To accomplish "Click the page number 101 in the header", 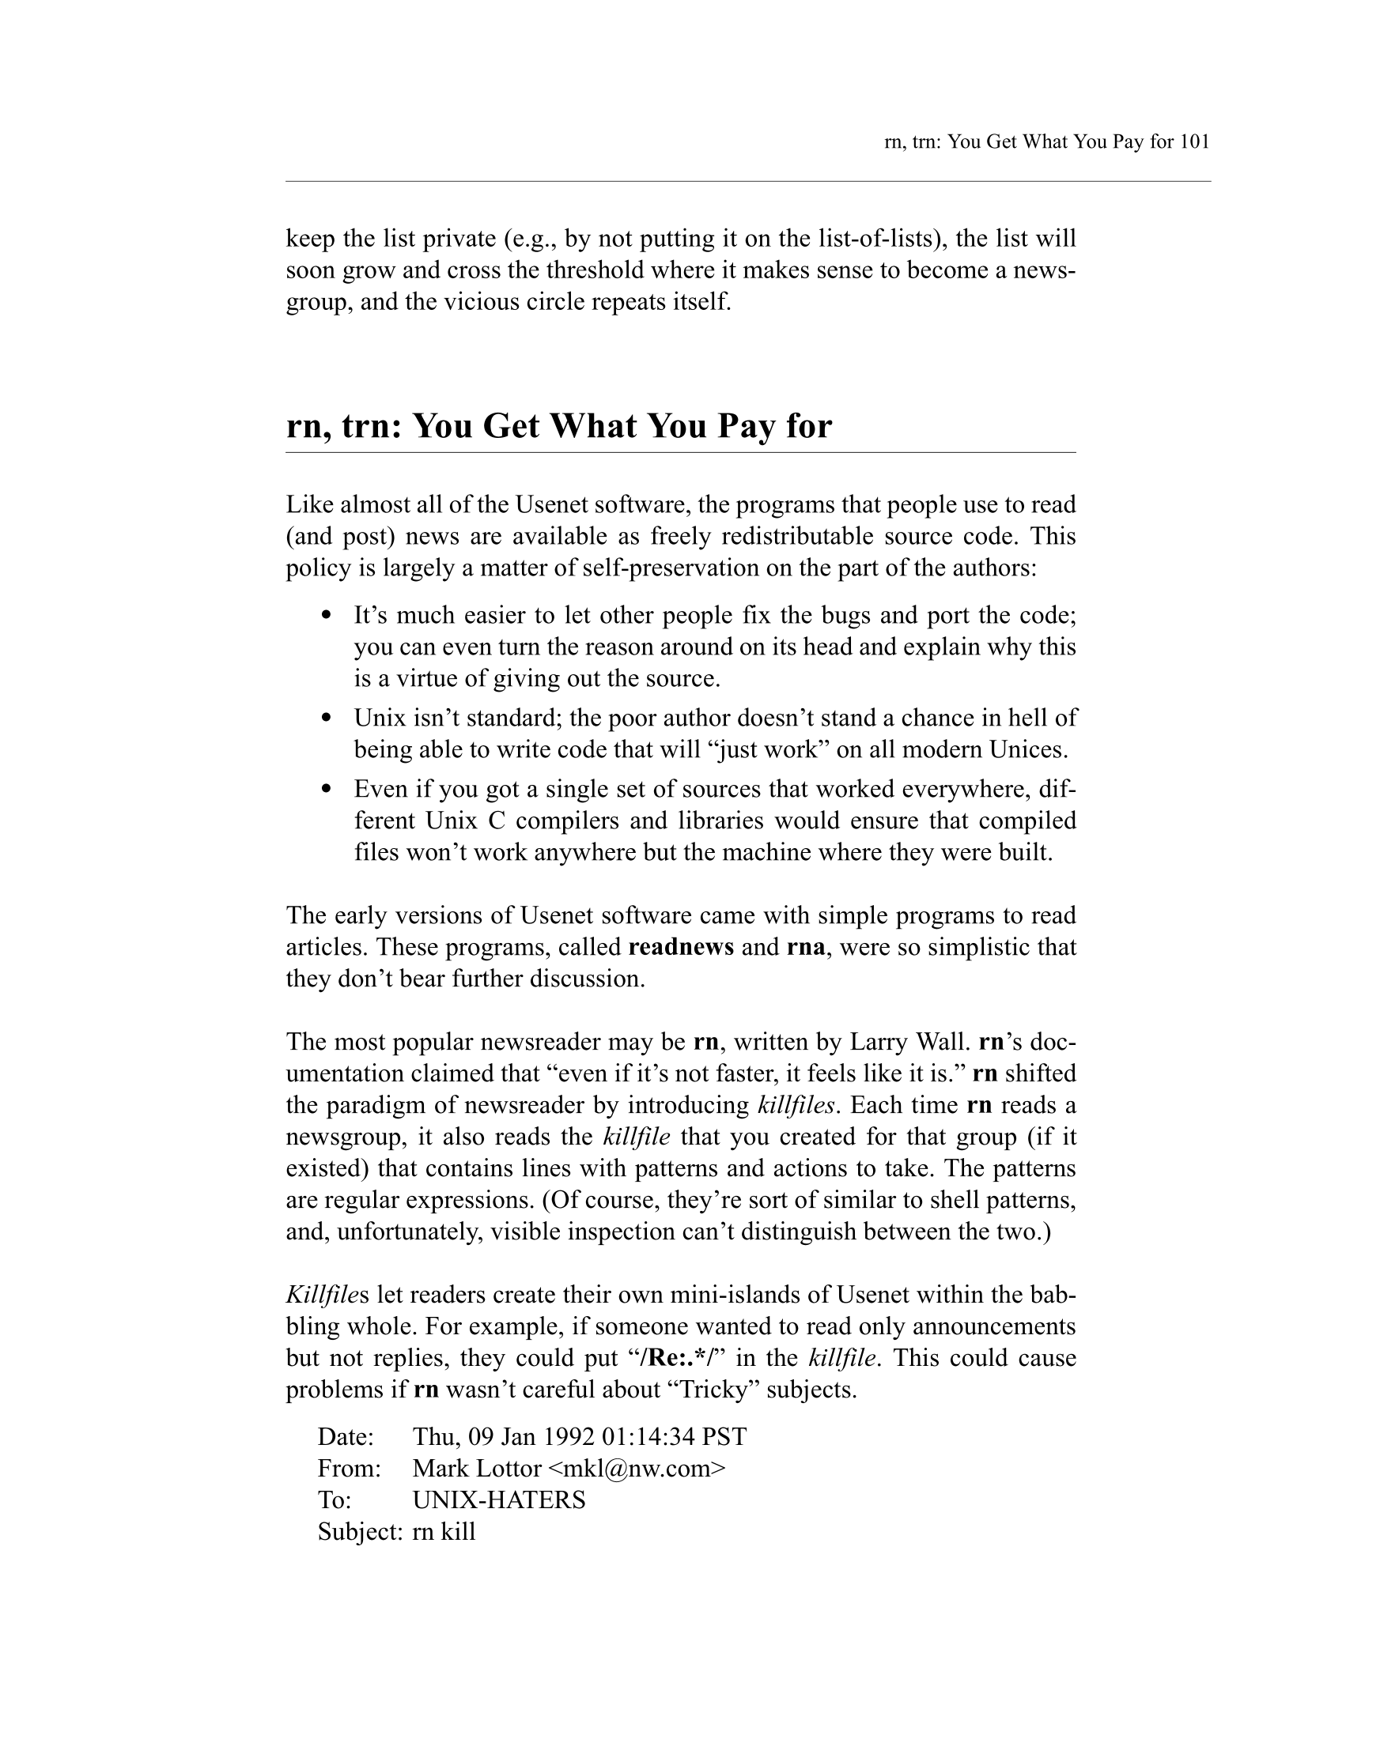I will [1194, 142].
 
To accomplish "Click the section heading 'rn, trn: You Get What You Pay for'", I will [558, 425].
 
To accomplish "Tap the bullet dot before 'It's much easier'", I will [327, 616].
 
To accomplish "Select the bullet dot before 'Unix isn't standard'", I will [327, 719].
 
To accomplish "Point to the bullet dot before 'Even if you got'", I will [327, 789].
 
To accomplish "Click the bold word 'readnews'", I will [681, 947].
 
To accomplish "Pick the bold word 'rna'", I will [806, 947].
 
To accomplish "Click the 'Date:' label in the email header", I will [345, 1437].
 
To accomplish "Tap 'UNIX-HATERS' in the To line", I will [499, 1500].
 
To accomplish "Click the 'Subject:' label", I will [360, 1532].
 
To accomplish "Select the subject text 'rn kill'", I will [444, 1532].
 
